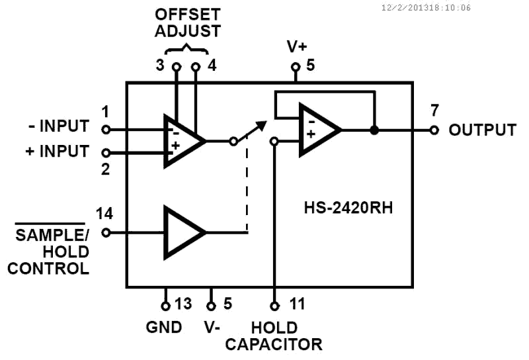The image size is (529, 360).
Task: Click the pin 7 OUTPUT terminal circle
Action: click(434, 130)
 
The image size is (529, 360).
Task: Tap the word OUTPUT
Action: click(482, 130)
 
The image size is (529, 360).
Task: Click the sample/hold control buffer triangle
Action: click(182, 232)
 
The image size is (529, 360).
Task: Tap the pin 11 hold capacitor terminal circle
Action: click(274, 305)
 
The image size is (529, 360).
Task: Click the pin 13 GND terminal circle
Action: click(165, 305)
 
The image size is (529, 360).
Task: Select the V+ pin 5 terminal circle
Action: click(295, 67)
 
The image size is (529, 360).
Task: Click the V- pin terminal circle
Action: click(211, 305)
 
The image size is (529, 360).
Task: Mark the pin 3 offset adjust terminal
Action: click(176, 67)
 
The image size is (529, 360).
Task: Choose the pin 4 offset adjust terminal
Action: click(196, 67)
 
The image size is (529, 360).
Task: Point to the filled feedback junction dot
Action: click(374, 130)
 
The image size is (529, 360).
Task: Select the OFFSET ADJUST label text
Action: click(187, 22)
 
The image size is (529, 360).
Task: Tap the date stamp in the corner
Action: click(427, 8)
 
